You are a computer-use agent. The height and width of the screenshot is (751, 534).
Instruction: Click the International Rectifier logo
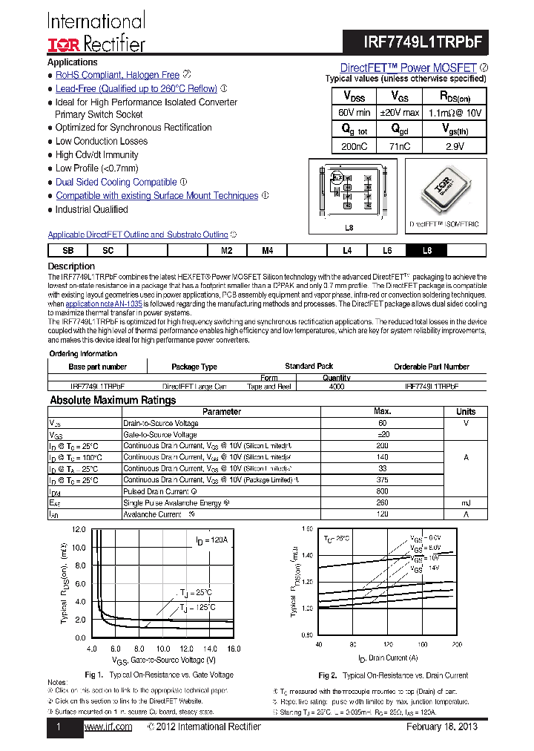[x=96, y=33]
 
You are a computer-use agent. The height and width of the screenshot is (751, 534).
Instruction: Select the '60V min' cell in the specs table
[x=354, y=113]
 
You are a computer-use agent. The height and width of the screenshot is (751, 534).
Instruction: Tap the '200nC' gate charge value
[x=354, y=146]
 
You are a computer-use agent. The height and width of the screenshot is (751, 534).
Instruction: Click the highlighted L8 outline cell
[x=427, y=251]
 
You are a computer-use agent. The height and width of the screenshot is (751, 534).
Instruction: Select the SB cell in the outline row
[x=68, y=251]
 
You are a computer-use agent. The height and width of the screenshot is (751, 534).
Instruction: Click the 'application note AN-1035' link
[x=105, y=304]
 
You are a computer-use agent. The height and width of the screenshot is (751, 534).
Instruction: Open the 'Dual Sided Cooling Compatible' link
[x=116, y=182]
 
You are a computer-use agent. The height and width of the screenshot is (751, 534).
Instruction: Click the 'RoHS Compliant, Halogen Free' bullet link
[x=117, y=75]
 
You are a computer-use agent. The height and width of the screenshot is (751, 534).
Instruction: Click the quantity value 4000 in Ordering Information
[x=336, y=387]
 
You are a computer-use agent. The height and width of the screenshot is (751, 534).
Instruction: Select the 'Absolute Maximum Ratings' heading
[x=113, y=400]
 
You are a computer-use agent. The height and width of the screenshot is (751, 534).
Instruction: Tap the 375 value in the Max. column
[x=383, y=480]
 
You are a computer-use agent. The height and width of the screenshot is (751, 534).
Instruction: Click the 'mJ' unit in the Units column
[x=466, y=503]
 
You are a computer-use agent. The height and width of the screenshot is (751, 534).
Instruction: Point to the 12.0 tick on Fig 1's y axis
[x=78, y=530]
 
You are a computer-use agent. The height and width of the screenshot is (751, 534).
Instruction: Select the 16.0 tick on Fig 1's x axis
[x=234, y=649]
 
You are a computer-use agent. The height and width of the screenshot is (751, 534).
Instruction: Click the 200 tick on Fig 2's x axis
[x=456, y=644]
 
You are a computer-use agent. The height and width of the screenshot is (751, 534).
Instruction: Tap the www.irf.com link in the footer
[x=108, y=727]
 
